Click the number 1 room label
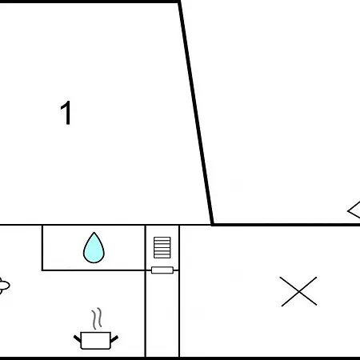66,113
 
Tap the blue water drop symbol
94,249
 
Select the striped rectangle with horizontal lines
162,247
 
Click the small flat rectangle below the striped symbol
162,270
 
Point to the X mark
299,291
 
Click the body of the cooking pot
95,340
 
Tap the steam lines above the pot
97,318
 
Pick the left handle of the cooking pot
78,338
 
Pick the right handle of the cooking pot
114,338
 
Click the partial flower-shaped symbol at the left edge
4,286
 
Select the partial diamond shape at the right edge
354,210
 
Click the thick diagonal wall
196,113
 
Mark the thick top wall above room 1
90,2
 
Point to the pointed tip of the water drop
94,233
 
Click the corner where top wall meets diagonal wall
179,2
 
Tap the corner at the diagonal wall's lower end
212,225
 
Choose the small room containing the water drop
94,248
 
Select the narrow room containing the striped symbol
162,291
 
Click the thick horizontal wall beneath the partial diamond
286,225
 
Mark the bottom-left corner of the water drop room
42,270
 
